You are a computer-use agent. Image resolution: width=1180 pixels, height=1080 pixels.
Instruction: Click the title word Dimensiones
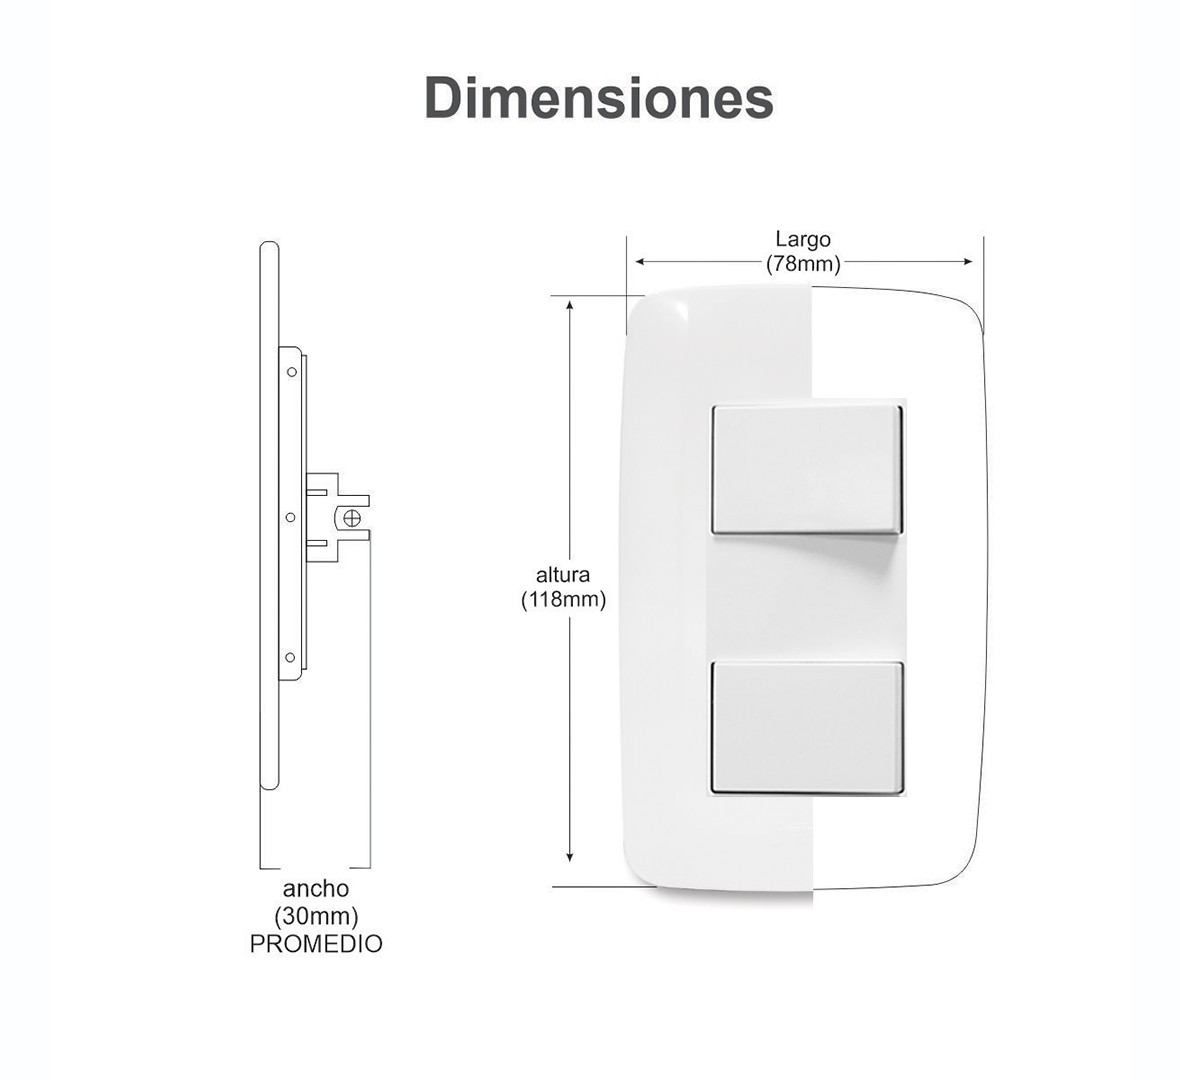click(x=599, y=99)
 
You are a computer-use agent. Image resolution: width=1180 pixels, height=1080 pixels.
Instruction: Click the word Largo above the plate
click(x=803, y=239)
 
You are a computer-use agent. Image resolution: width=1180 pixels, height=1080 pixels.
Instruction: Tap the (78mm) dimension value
click(x=803, y=263)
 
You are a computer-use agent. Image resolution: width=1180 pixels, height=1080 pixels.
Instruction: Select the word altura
click(x=563, y=575)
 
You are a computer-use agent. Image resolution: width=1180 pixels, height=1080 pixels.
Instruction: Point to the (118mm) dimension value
click(x=564, y=600)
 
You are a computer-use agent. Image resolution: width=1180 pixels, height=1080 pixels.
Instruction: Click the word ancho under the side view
click(x=316, y=889)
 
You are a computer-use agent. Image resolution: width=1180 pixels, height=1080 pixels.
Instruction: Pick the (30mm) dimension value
click(x=316, y=916)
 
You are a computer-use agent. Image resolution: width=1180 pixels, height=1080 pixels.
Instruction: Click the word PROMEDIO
click(x=316, y=944)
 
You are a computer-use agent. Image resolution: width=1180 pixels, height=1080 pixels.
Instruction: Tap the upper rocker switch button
click(x=806, y=470)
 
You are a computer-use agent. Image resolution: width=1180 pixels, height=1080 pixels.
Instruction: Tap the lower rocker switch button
click(x=807, y=727)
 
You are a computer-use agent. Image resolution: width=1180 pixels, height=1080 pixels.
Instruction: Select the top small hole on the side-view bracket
click(x=291, y=372)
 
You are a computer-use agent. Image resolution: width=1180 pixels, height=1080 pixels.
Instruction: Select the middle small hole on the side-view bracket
click(x=290, y=517)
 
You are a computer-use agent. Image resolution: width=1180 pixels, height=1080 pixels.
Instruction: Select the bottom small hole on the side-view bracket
click(x=290, y=657)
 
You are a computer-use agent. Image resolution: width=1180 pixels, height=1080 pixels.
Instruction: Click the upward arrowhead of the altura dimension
click(x=570, y=306)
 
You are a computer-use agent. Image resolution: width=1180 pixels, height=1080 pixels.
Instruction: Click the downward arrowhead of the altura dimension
click(x=570, y=856)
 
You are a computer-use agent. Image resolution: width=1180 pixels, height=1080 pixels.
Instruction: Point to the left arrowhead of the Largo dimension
click(x=641, y=262)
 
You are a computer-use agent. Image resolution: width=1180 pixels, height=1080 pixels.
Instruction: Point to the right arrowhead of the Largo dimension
click(x=967, y=262)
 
